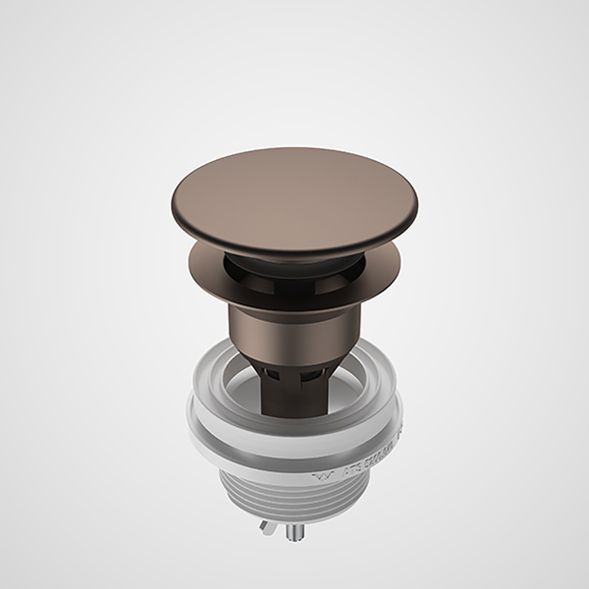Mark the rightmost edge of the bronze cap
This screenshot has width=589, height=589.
point(402,204)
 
